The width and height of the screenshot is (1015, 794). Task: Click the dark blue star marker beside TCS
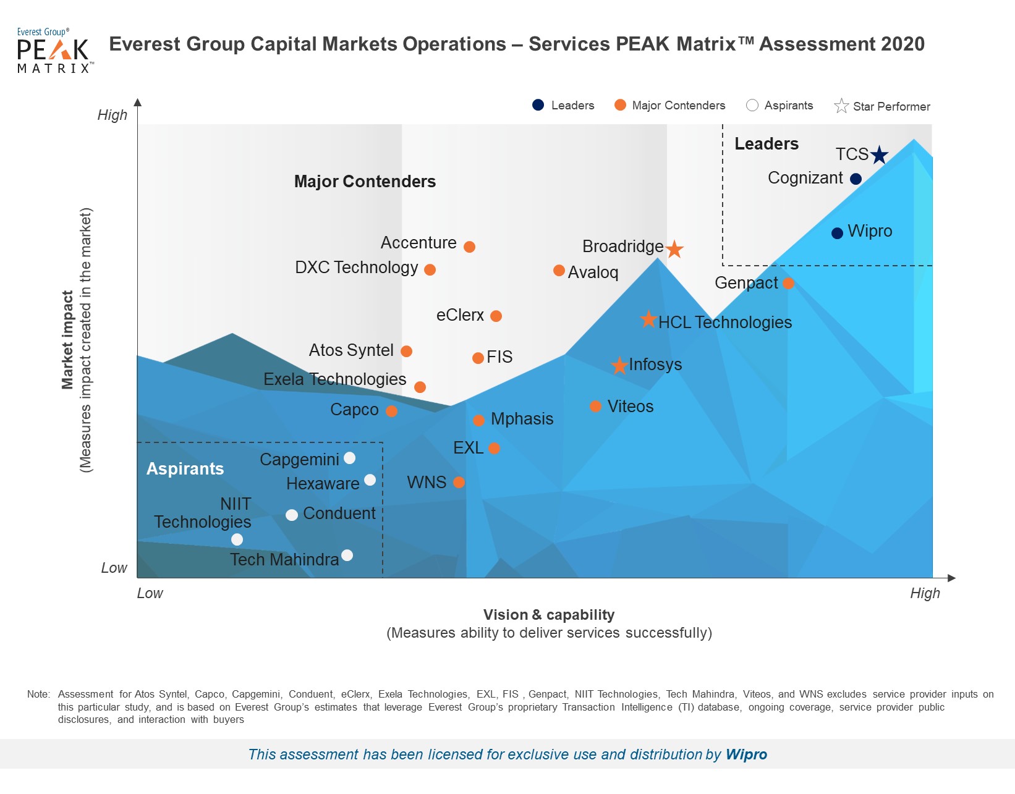tap(879, 154)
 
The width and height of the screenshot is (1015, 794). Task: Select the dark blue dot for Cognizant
tap(856, 179)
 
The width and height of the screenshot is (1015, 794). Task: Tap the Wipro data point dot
tap(838, 233)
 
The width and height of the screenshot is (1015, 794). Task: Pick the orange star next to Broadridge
tap(674, 249)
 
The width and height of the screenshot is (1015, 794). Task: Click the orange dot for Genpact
tap(788, 284)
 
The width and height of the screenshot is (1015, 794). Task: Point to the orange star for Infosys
tap(619, 365)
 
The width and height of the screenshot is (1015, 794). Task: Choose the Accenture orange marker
tap(469, 247)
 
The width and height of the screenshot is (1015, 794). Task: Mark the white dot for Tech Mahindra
tap(347, 555)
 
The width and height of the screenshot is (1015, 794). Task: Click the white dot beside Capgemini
tap(349, 458)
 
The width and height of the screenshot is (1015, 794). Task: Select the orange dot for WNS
tap(459, 483)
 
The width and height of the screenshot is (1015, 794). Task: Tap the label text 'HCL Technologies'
tap(725, 323)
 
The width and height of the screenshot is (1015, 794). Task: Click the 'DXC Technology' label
tap(357, 268)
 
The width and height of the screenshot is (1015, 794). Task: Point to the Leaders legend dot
tap(538, 105)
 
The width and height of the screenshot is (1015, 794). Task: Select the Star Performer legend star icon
tap(841, 106)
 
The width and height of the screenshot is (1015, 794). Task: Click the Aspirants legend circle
tap(752, 105)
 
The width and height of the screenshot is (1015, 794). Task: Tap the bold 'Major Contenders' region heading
tap(365, 182)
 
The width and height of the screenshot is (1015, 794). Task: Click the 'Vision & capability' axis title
tap(549, 615)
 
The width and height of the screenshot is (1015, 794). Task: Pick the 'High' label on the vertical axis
tap(113, 116)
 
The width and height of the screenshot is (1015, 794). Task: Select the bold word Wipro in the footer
tap(746, 754)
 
